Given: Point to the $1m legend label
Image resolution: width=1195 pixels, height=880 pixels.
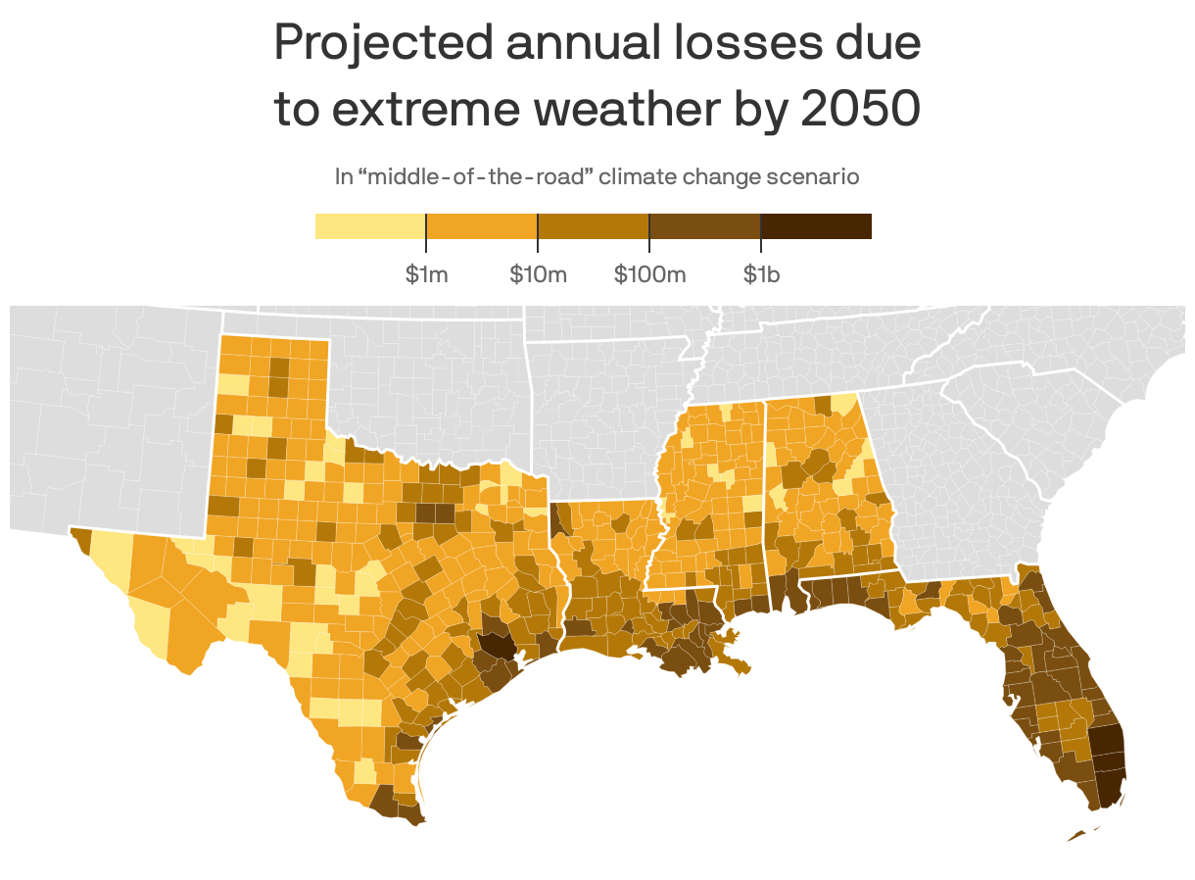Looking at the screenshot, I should [x=426, y=274].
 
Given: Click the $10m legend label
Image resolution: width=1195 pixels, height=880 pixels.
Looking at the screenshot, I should [x=538, y=274].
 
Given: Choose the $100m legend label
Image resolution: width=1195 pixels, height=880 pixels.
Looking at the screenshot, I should [x=649, y=274].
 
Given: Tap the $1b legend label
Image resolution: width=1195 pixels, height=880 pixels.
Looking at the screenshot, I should [x=761, y=274].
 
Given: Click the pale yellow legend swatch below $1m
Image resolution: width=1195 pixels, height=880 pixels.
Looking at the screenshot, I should [x=369, y=226].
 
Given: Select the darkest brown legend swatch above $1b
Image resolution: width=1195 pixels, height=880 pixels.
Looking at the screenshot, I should [x=816, y=226].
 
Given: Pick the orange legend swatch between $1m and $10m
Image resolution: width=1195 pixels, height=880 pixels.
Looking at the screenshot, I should [x=481, y=226].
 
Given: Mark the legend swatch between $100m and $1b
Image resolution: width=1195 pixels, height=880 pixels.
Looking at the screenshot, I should [x=704, y=226].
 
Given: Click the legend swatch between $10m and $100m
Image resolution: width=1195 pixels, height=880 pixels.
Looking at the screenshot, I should [x=593, y=226].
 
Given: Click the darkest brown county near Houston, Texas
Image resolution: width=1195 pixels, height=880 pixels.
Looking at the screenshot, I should [x=496, y=646].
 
